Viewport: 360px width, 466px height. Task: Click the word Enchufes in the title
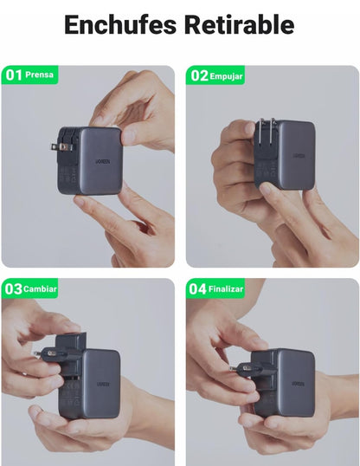[120, 24]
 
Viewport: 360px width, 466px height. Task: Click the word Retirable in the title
[240, 24]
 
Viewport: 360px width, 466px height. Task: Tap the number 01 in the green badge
[14, 74]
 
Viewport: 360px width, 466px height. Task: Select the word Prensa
[39, 74]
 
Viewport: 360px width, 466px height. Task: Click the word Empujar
[226, 76]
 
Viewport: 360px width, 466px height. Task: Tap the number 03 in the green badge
[14, 288]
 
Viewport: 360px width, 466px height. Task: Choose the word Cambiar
[40, 289]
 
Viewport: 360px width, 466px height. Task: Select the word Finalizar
[226, 289]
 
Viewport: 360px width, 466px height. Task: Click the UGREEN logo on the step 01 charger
[102, 161]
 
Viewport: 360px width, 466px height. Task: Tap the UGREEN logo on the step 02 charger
[299, 156]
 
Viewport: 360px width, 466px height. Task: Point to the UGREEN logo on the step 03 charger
[103, 384]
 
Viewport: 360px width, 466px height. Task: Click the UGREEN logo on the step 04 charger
[299, 384]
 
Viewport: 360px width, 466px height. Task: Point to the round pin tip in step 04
[231, 368]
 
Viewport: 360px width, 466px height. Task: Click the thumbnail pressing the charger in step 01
[129, 137]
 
